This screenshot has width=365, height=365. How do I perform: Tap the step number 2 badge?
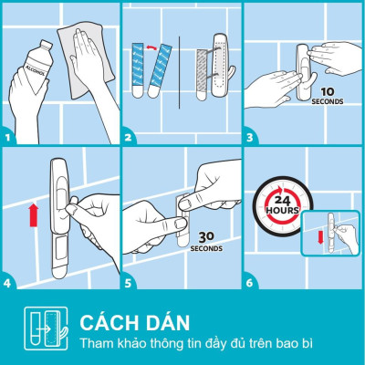click(x=130, y=139)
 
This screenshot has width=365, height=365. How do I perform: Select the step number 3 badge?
click(x=249, y=139)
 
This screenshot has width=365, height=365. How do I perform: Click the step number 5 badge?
click(x=130, y=283)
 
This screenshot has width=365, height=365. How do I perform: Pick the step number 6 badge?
click(x=249, y=283)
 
